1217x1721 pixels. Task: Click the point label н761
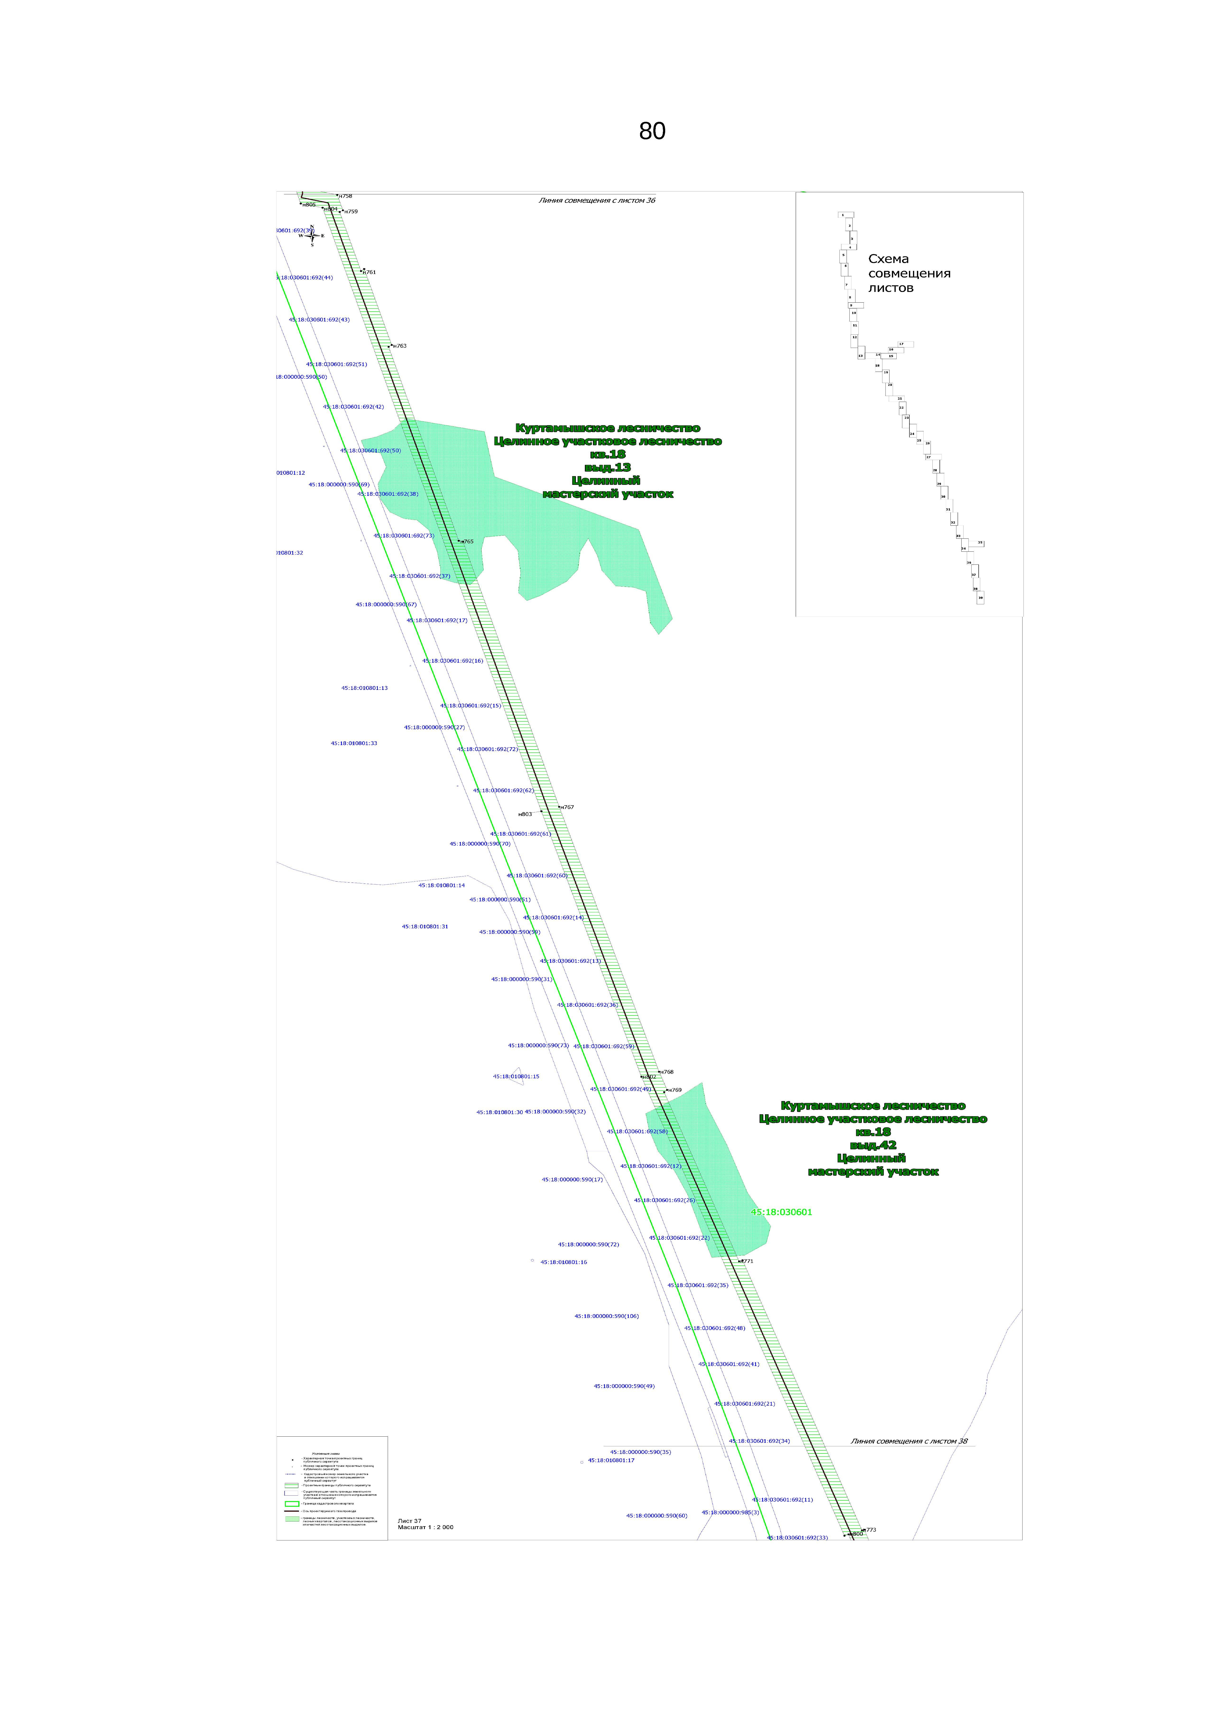[x=369, y=272]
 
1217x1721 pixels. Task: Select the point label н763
[x=399, y=346]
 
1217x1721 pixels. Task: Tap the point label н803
[x=525, y=814]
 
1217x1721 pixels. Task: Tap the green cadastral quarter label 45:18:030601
[x=781, y=1212]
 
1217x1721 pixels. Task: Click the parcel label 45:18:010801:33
[x=354, y=744]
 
